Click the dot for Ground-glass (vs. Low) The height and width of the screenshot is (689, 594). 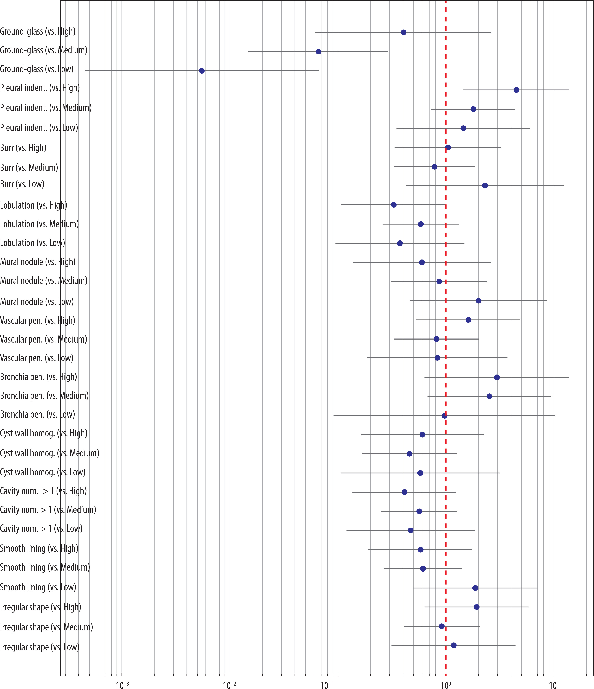202,71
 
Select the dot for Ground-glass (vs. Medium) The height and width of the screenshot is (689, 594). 318,52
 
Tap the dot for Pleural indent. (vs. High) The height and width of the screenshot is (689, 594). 516,90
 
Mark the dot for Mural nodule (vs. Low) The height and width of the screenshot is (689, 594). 478,301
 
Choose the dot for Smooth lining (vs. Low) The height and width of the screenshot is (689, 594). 475,588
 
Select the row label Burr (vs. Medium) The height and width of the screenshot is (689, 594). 29,167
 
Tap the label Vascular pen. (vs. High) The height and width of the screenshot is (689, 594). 38,320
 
